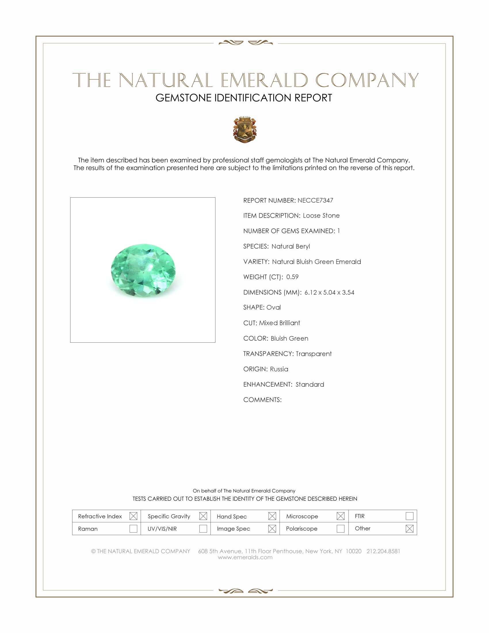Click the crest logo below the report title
(x=245, y=129)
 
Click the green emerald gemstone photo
(x=143, y=270)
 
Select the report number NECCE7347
(x=315, y=200)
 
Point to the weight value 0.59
(x=292, y=277)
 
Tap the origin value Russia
(x=279, y=369)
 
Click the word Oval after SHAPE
(x=274, y=307)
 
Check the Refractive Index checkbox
(x=133, y=516)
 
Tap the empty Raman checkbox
(x=133, y=529)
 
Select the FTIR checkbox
(x=409, y=516)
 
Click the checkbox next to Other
(x=409, y=529)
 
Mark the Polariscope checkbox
(x=341, y=529)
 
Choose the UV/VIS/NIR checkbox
(x=203, y=529)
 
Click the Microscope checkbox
(x=341, y=516)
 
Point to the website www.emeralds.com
(x=245, y=557)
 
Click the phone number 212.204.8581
(x=383, y=551)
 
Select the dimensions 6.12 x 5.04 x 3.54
(x=329, y=292)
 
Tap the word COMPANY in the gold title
(x=367, y=80)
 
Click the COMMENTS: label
(x=262, y=400)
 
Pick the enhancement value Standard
(x=310, y=384)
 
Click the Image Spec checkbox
(x=272, y=529)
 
